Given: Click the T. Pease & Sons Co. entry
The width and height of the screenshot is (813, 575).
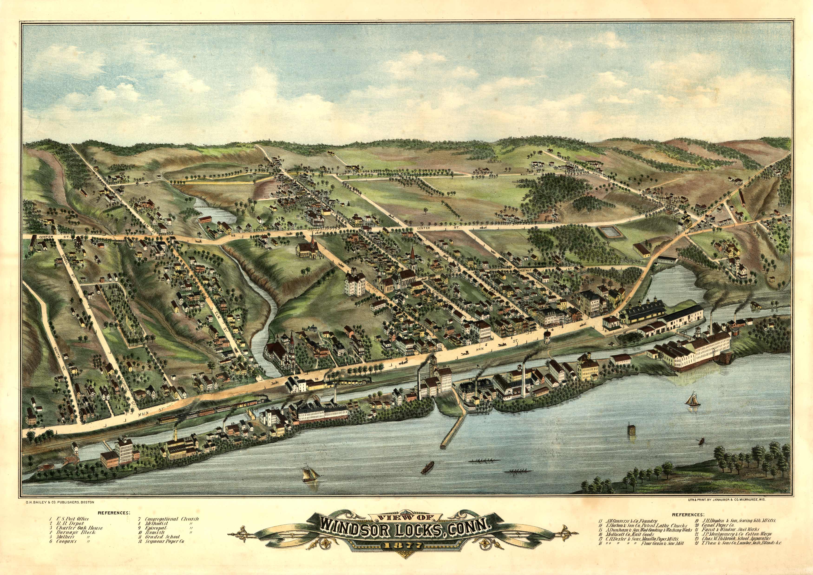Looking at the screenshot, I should tap(737, 552).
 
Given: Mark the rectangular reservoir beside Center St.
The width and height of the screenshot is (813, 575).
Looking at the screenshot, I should tap(609, 232).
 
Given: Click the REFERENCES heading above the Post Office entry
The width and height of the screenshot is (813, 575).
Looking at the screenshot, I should tap(114, 512).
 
